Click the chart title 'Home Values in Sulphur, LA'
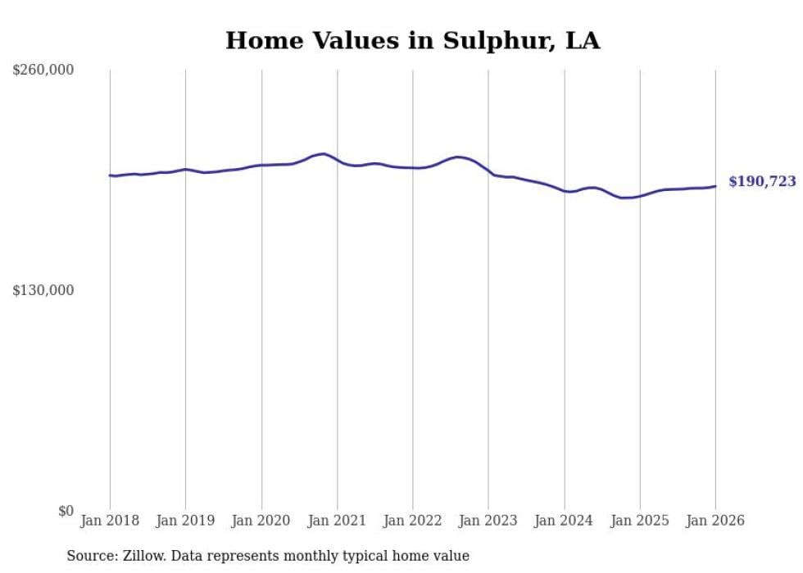(x=412, y=40)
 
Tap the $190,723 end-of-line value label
(x=762, y=182)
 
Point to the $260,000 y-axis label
(x=43, y=70)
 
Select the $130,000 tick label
(x=43, y=290)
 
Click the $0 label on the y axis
(x=66, y=511)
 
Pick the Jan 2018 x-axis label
(x=110, y=521)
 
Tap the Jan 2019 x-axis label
(x=185, y=521)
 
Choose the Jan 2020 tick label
(x=261, y=521)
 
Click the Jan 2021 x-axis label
(x=337, y=521)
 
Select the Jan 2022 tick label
(x=413, y=521)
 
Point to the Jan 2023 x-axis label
(x=488, y=521)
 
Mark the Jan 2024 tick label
(x=564, y=521)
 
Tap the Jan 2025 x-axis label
(x=640, y=521)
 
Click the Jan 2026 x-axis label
(x=715, y=521)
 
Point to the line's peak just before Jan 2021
(x=324, y=153)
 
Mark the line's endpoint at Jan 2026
(x=715, y=186)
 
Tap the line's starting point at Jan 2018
(x=110, y=175)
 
